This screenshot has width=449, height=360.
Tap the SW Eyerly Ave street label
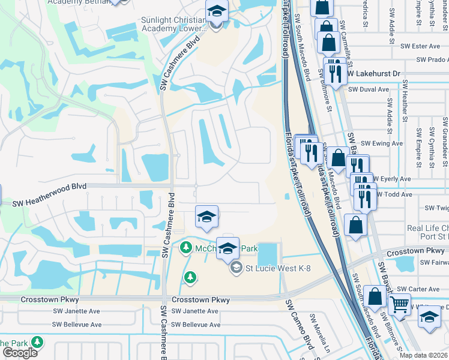click(x=393, y=179)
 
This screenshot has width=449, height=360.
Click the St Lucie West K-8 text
click(x=271, y=268)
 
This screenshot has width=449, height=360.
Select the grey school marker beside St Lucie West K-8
click(x=236, y=267)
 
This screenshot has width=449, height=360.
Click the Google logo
click(x=20, y=352)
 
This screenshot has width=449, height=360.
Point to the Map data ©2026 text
click(x=424, y=355)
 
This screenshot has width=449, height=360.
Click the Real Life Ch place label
click(x=427, y=228)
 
